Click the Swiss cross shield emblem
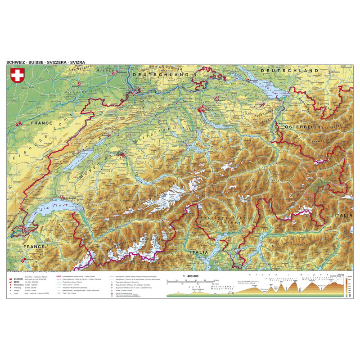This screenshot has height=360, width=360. [x=18, y=76]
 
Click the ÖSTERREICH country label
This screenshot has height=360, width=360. [x=301, y=127]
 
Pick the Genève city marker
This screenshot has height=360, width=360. [x=21, y=230]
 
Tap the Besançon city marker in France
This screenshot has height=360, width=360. [x=19, y=124]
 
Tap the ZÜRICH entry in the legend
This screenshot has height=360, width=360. [x=24, y=279]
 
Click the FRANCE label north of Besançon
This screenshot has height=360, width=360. [x=41, y=122]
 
